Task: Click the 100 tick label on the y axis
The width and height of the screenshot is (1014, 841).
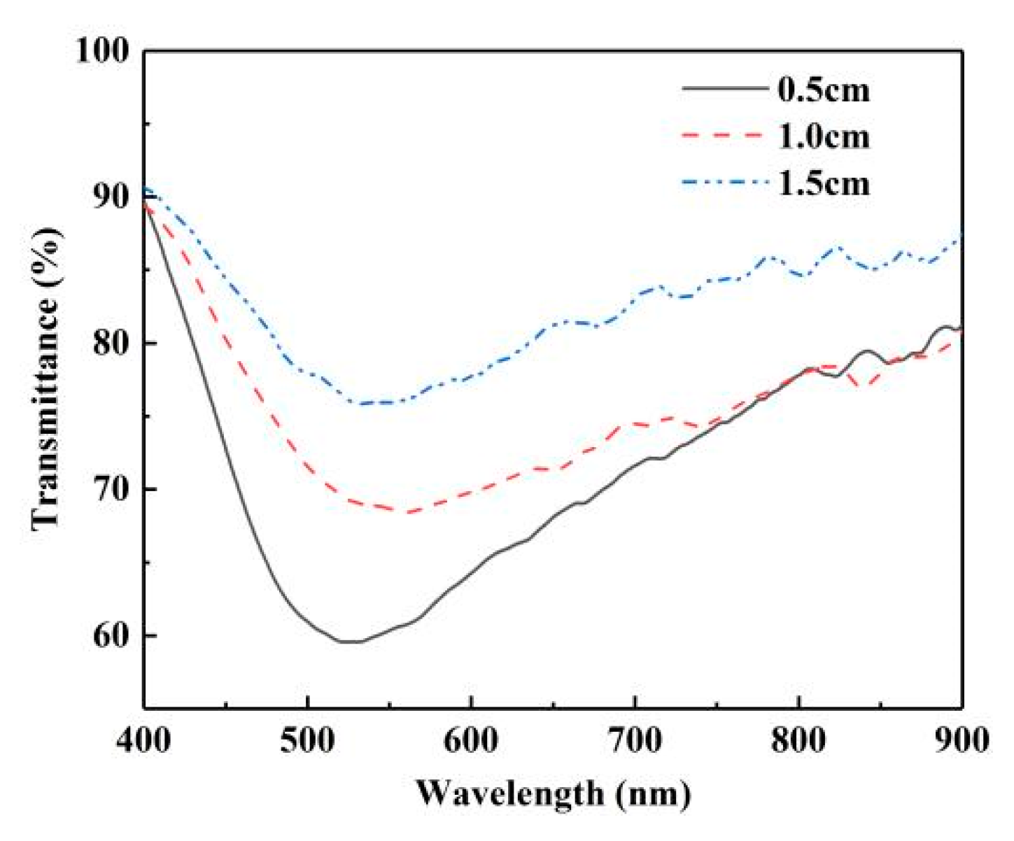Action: [103, 51]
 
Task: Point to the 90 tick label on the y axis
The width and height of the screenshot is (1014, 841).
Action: [112, 197]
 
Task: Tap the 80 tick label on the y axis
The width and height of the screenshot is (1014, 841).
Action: [112, 344]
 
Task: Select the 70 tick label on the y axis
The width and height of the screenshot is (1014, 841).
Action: [112, 489]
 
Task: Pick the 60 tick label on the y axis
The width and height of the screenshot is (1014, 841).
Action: [112, 635]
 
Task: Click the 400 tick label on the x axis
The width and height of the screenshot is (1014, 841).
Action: [144, 740]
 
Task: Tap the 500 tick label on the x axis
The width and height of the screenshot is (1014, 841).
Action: [308, 740]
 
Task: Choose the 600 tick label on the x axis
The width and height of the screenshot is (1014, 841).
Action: [472, 740]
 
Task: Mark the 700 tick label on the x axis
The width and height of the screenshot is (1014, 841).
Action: [635, 740]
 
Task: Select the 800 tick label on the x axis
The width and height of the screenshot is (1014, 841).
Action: [799, 740]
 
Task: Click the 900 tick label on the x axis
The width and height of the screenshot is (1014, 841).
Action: [962, 740]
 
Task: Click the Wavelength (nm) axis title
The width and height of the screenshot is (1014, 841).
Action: [554, 793]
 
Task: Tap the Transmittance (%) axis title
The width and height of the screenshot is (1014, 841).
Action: [48, 378]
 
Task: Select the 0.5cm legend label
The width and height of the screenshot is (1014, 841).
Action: [824, 90]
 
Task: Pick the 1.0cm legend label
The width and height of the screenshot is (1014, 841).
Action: [824, 136]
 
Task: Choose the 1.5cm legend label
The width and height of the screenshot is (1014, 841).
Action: [824, 183]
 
